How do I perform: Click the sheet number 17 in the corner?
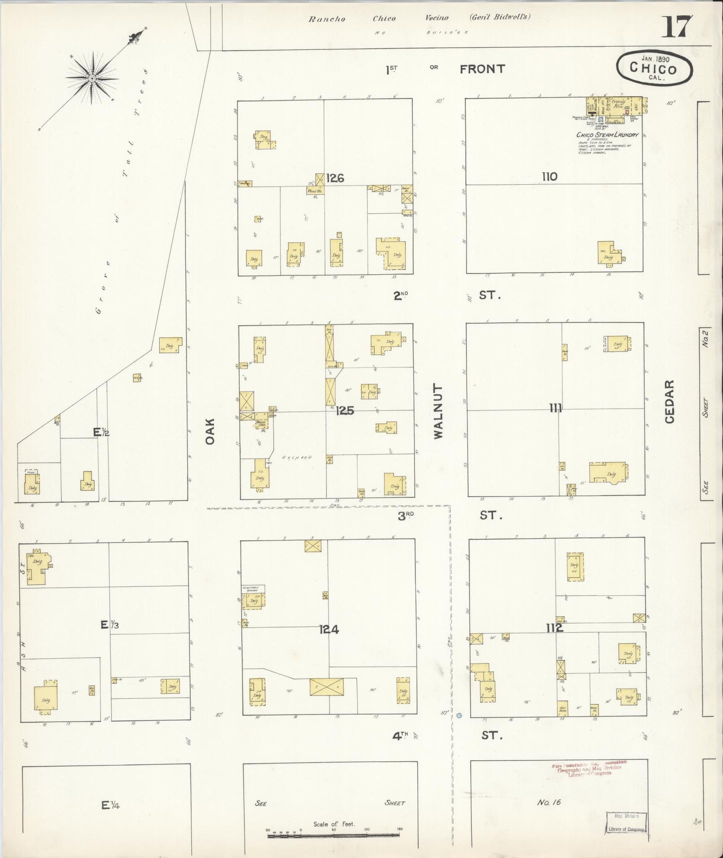click(x=677, y=28)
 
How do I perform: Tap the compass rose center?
click(x=92, y=79)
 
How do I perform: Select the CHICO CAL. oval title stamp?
click(x=654, y=67)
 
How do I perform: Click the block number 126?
click(x=335, y=178)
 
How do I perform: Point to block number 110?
click(x=549, y=176)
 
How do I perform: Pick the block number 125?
click(x=345, y=411)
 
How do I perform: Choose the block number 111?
click(x=555, y=408)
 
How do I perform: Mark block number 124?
click(x=329, y=630)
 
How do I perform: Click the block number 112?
click(x=554, y=628)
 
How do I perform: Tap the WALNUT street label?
click(x=438, y=411)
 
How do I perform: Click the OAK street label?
click(x=210, y=432)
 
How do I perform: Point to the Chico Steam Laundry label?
click(x=607, y=135)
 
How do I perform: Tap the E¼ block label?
click(x=110, y=805)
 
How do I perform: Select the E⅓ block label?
click(x=109, y=624)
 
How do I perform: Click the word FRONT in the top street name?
click(x=482, y=69)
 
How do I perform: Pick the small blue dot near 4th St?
click(x=459, y=716)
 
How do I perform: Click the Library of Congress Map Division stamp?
click(x=627, y=822)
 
